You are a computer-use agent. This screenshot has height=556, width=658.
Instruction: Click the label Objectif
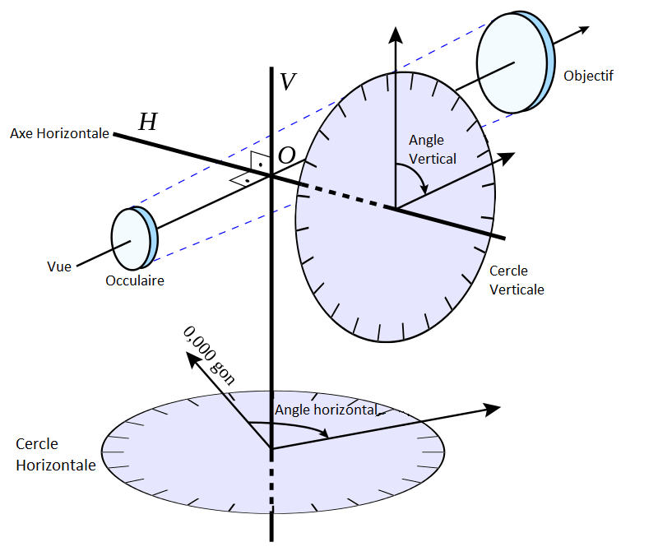[589, 76]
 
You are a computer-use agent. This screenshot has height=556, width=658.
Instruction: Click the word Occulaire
[135, 280]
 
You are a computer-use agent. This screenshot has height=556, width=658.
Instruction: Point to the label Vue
[59, 266]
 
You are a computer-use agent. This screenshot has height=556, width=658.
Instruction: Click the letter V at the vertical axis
[288, 81]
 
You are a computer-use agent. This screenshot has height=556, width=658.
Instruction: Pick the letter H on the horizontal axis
[148, 123]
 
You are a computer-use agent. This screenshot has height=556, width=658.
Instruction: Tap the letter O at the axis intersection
[286, 155]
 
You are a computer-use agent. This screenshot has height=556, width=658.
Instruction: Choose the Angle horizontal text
[326, 410]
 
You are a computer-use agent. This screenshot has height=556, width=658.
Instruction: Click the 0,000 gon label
[209, 351]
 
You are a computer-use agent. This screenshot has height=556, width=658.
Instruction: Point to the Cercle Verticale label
[517, 280]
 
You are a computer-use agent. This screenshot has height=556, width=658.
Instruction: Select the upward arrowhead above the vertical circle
[396, 35]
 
